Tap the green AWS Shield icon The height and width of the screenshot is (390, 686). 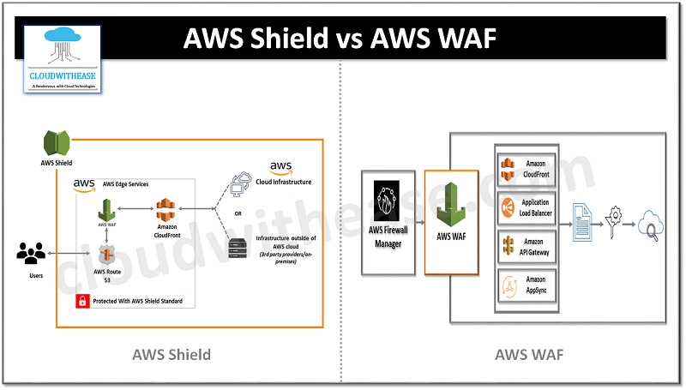click(x=56, y=141)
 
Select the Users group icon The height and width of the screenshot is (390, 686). click(x=32, y=254)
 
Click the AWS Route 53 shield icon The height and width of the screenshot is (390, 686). click(x=107, y=255)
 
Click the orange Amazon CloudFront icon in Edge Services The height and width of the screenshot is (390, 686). click(x=166, y=210)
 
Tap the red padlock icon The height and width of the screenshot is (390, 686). click(x=82, y=301)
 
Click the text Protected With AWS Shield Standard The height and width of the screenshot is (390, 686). click(x=141, y=301)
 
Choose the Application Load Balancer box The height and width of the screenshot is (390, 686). click(x=527, y=207)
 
